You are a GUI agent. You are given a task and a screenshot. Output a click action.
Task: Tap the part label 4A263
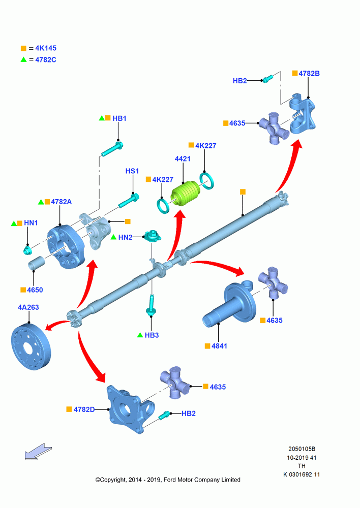[x=28, y=307]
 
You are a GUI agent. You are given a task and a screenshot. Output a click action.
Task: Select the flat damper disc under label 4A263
[x=31, y=346]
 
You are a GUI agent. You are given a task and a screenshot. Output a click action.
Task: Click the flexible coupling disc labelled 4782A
[x=66, y=247]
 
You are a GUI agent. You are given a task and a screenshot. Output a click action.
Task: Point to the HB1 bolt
[x=112, y=149]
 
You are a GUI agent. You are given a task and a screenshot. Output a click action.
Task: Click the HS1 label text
[x=132, y=171]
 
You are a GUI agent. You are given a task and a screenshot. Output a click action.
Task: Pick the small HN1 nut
[x=27, y=250]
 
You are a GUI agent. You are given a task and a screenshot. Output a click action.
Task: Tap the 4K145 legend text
[x=46, y=48]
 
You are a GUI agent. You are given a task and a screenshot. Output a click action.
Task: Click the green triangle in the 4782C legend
[x=24, y=59]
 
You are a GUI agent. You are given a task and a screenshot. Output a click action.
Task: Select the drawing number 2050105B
[x=302, y=449]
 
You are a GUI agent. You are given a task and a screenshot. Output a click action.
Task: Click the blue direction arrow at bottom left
[x=38, y=451]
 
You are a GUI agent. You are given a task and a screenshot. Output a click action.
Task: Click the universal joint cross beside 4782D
[x=174, y=383]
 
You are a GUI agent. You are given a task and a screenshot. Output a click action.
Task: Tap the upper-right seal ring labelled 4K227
[x=206, y=180]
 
